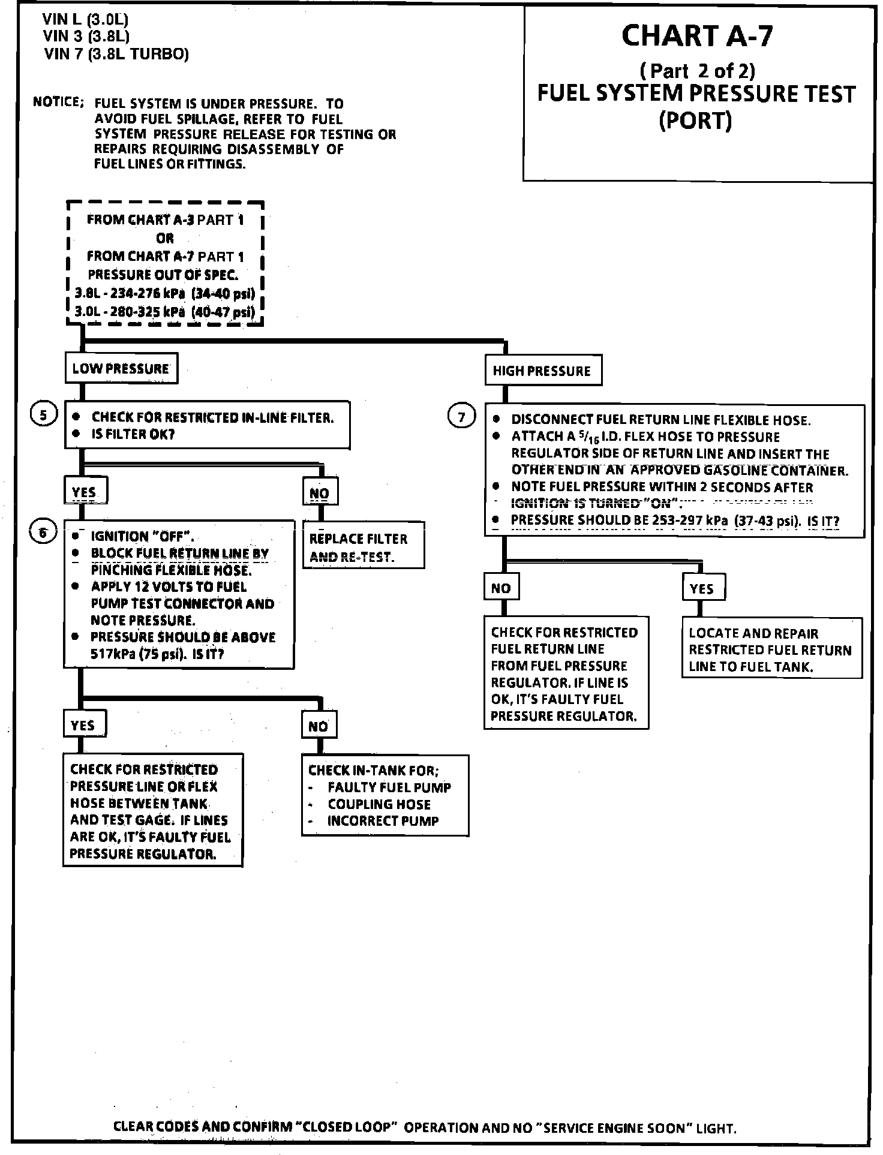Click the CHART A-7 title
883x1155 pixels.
(697, 36)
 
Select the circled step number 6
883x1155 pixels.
(43, 532)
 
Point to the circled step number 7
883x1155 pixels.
(461, 417)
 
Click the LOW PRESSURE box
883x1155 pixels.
(121, 368)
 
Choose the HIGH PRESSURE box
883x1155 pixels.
(542, 371)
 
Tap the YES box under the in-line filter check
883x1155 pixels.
(85, 492)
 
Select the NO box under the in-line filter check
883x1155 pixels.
(320, 492)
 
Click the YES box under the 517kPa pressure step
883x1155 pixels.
(84, 725)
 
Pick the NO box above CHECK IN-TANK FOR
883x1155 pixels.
(319, 726)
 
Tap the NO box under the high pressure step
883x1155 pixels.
(501, 588)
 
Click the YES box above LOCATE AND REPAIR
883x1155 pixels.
(702, 588)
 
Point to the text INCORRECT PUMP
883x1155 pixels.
(383, 821)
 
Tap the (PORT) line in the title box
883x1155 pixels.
(695, 121)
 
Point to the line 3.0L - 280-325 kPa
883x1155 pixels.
(164, 312)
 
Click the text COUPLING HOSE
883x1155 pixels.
(379, 804)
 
